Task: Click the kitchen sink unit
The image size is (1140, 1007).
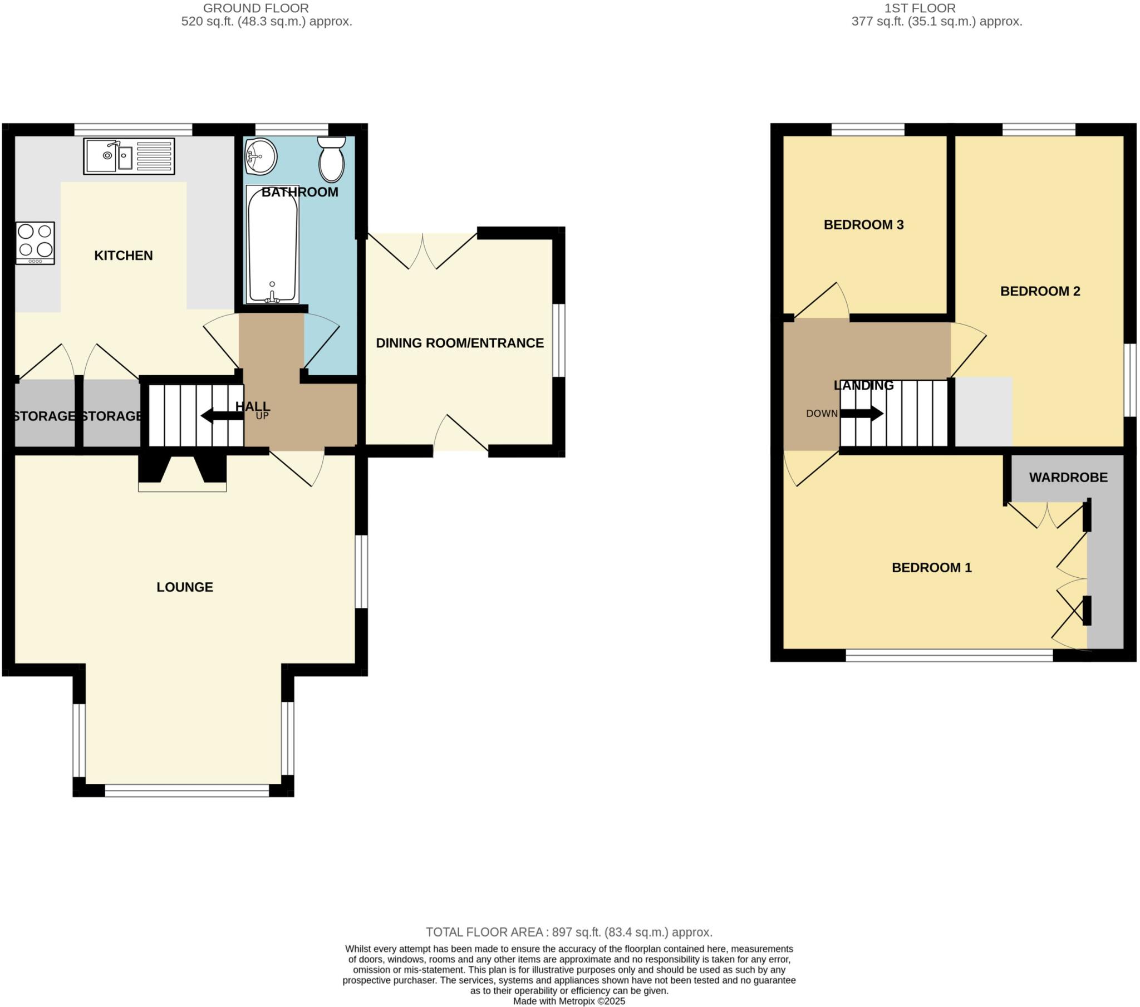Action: click(x=129, y=156)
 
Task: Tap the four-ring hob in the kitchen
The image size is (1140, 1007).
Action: click(x=35, y=243)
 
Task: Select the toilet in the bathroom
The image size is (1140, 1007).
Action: click(x=331, y=160)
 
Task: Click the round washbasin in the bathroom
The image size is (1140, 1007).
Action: click(x=261, y=157)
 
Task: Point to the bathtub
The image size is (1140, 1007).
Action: click(x=272, y=244)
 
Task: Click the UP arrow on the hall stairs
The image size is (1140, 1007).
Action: click(x=222, y=416)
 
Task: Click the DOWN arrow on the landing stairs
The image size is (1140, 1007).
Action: click(x=862, y=414)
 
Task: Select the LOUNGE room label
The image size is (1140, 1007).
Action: click(x=185, y=587)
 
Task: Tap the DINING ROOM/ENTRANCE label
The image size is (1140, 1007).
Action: click(x=460, y=343)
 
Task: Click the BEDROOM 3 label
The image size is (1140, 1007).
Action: click(x=863, y=225)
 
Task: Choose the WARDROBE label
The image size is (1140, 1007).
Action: click(x=1068, y=478)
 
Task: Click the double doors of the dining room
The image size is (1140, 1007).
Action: click(x=422, y=252)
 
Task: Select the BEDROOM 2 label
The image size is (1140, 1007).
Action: click(x=1040, y=291)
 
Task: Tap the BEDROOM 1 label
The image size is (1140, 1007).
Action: click(x=931, y=568)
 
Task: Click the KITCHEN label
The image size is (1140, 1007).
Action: click(x=123, y=256)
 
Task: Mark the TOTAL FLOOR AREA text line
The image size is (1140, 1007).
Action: click(x=569, y=932)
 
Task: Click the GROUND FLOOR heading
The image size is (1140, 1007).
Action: click(x=255, y=8)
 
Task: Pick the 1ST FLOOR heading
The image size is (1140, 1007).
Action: click(x=920, y=8)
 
